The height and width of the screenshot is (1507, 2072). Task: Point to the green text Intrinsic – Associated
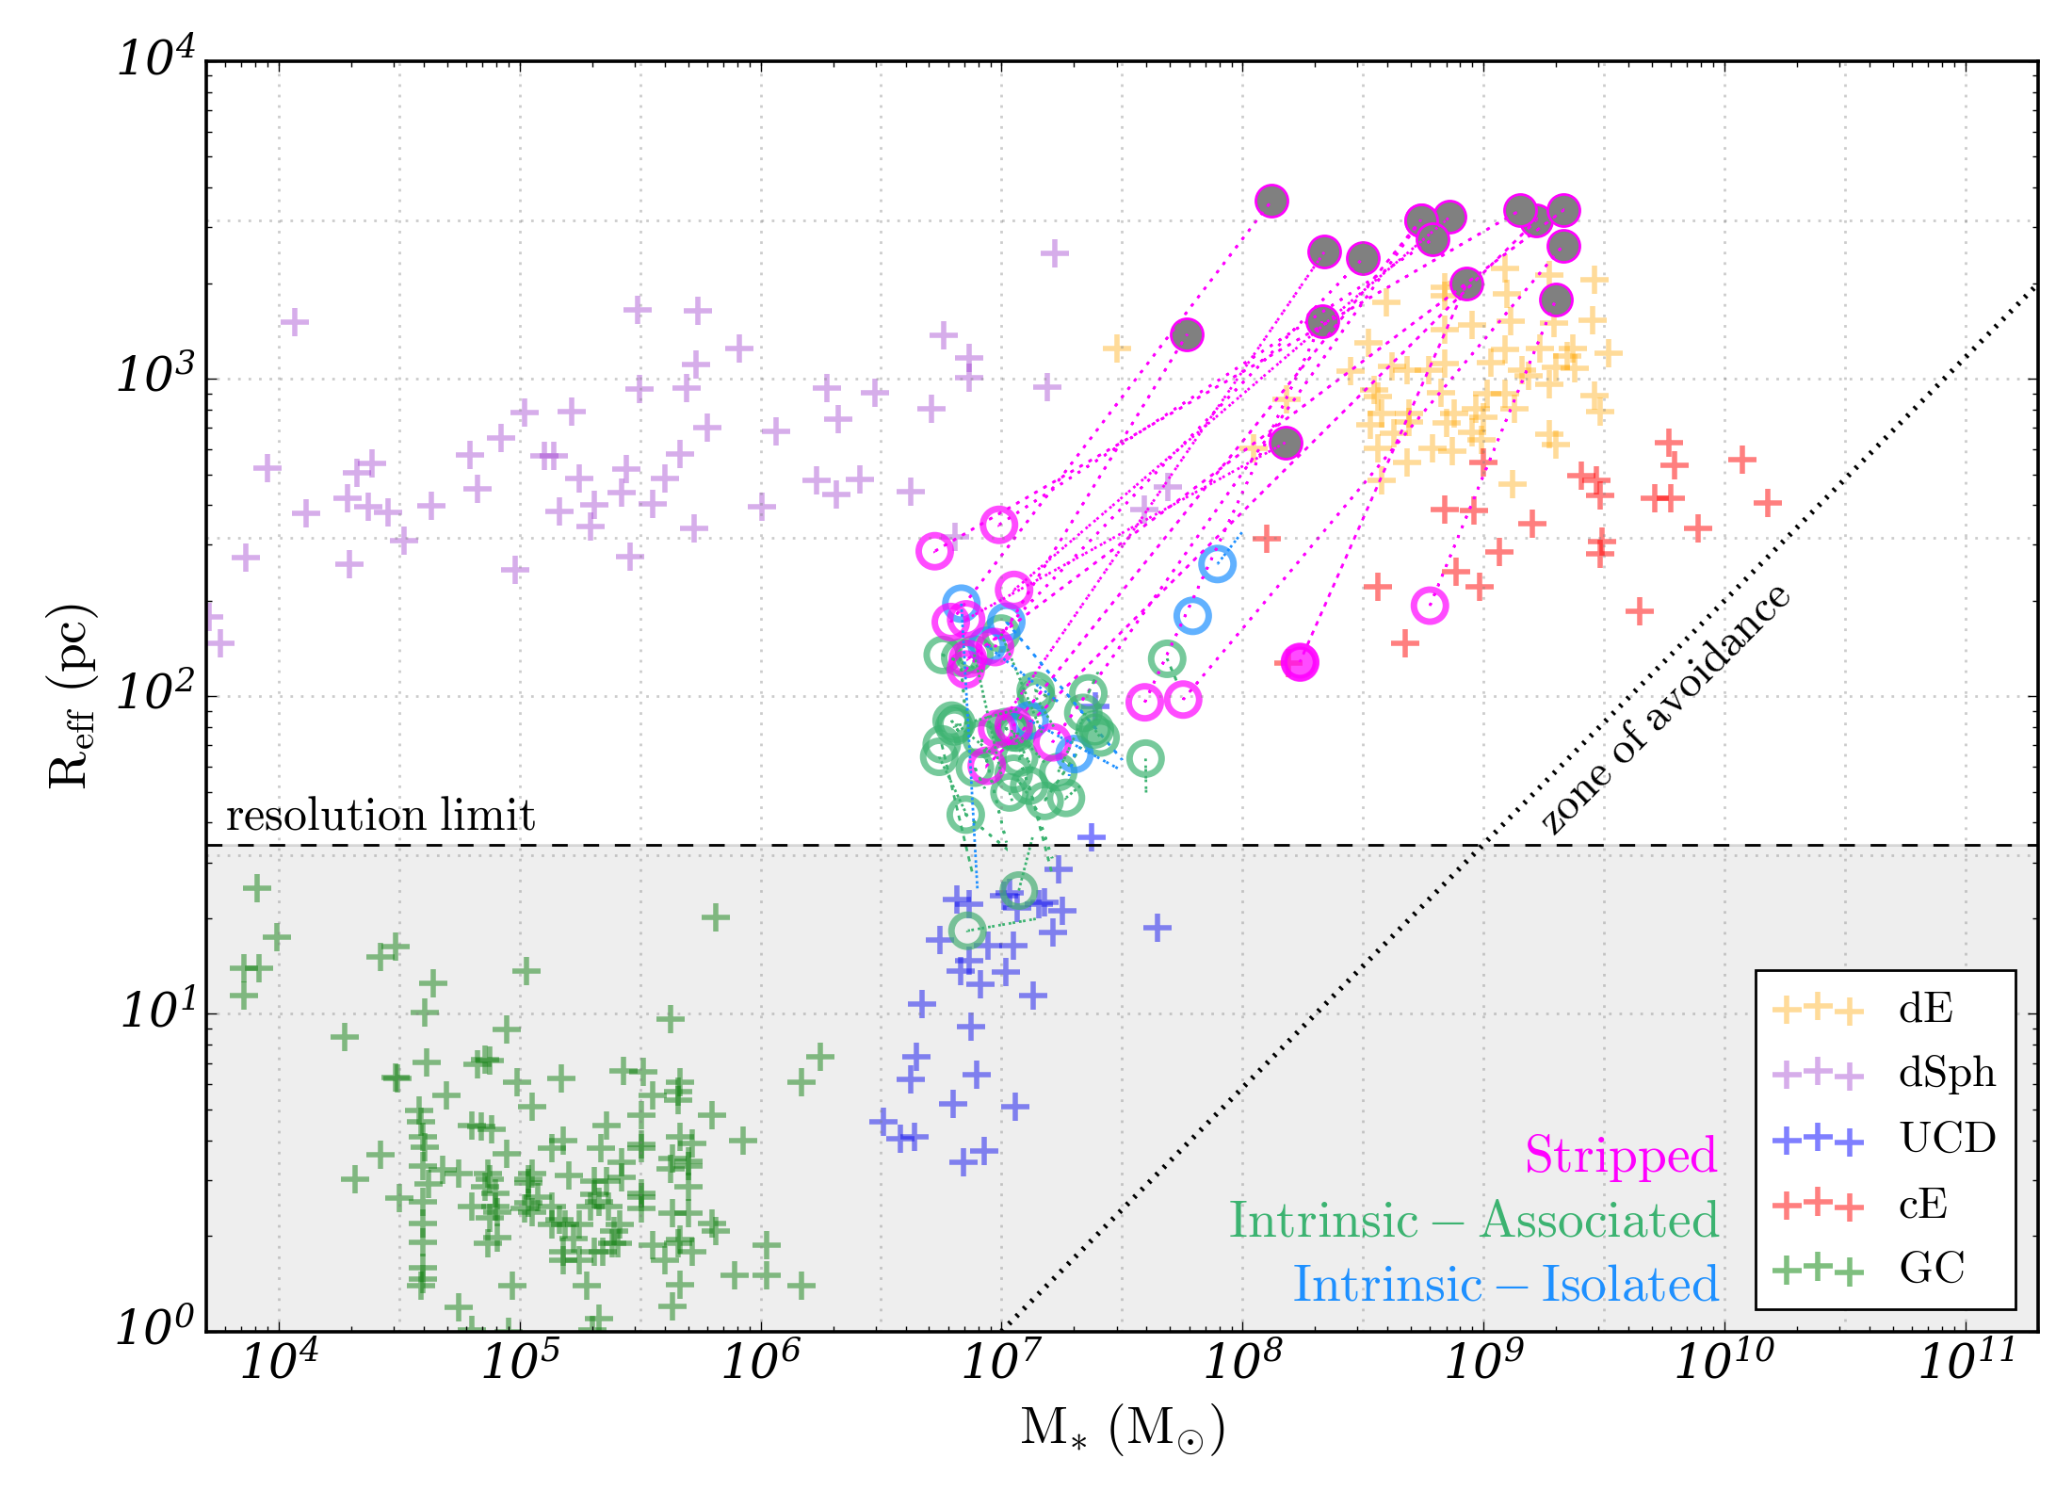click(x=1474, y=1221)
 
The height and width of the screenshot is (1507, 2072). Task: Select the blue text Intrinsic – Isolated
click(x=1506, y=1284)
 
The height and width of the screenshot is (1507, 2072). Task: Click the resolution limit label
click(x=380, y=816)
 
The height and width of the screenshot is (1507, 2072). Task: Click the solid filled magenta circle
click(x=1300, y=662)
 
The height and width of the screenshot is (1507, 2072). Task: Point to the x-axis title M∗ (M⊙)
click(x=1123, y=1429)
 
